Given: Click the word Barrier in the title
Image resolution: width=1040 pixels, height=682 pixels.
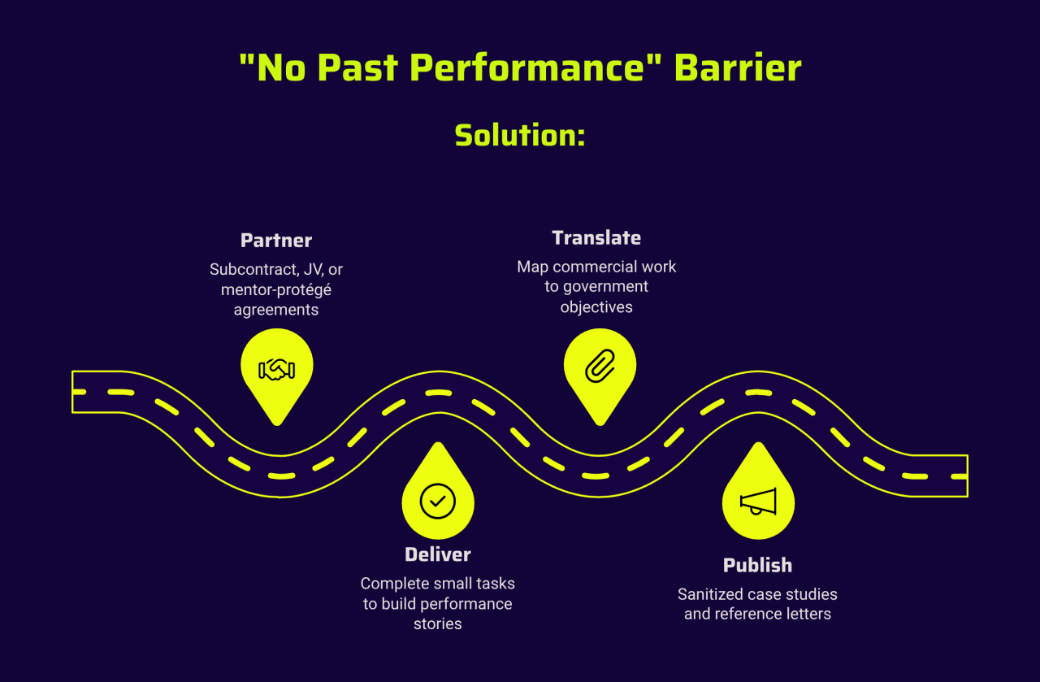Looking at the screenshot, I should coord(738,68).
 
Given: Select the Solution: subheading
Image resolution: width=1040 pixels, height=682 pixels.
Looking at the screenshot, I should coord(520,135).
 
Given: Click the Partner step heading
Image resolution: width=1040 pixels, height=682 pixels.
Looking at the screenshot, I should coord(276,241).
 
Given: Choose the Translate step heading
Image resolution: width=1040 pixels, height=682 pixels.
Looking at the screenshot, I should coord(596,238).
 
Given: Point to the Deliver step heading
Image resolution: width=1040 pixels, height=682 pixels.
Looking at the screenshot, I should coord(438,555).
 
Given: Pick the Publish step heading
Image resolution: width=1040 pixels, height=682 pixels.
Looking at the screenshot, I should coord(757,565).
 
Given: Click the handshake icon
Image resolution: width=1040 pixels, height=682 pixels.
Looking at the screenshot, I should coord(276,370).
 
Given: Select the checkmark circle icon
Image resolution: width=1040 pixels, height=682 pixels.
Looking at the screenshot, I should coord(438,501).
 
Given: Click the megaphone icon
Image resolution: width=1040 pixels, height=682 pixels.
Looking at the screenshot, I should coord(758,502).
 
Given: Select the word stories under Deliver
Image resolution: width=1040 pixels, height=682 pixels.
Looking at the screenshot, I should coord(438,624).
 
